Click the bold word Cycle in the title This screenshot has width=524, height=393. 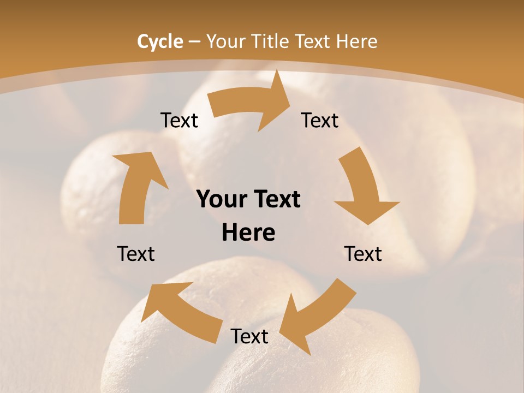[x=160, y=41]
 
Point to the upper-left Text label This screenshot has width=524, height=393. [x=179, y=120]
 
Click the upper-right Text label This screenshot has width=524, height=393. [x=320, y=120]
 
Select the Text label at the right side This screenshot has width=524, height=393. [x=363, y=254]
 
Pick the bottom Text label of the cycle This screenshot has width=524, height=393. [x=249, y=336]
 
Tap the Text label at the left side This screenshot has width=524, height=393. [x=136, y=254]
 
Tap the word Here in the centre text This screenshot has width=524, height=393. [x=248, y=233]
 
